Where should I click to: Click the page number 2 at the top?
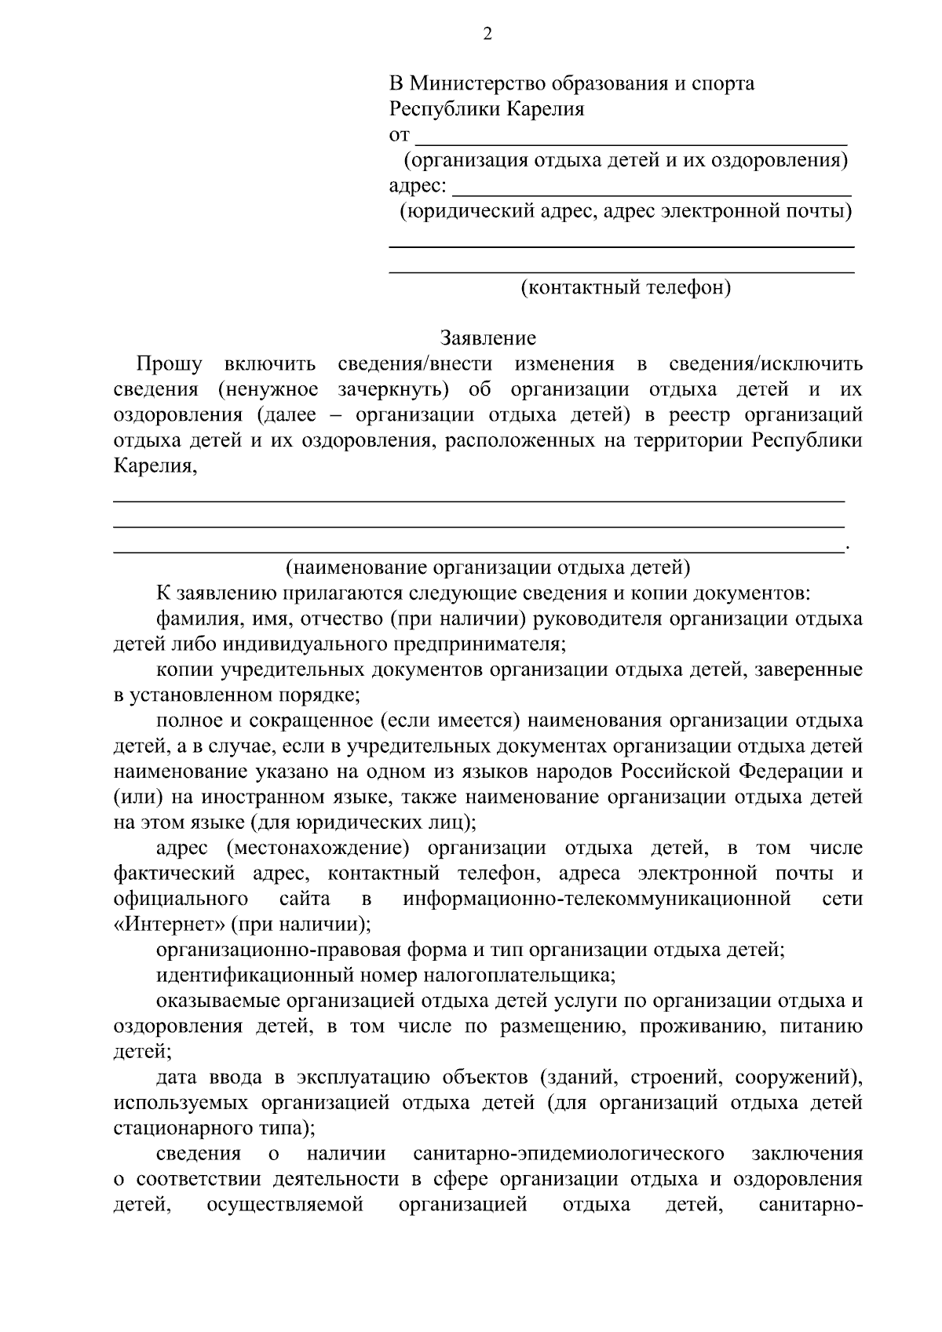pyautogui.click(x=487, y=34)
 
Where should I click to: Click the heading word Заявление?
pyautogui.click(x=487, y=338)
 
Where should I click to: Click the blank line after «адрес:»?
pyautogui.click(x=653, y=189)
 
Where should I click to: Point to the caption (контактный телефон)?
pyautogui.click(x=626, y=288)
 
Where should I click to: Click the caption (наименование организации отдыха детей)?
pyautogui.click(x=487, y=567)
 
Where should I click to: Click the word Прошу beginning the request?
pyautogui.click(x=170, y=364)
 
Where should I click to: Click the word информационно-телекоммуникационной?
pyautogui.click(x=597, y=898)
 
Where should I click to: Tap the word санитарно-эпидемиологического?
pyautogui.click(x=568, y=1154)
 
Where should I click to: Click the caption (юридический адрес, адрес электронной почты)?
pyautogui.click(x=626, y=211)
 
